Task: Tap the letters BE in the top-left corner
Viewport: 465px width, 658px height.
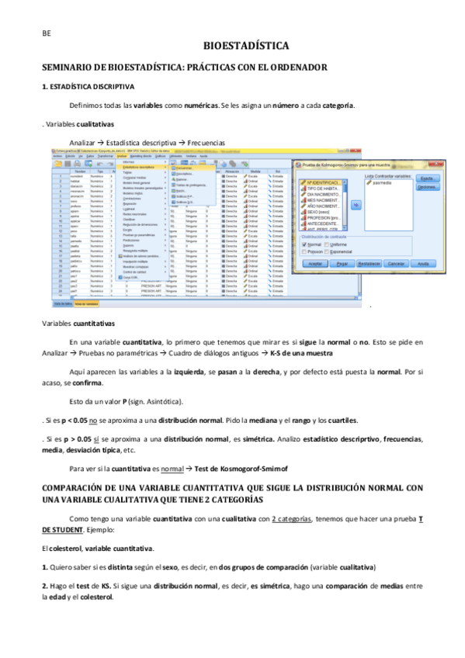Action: tap(47, 33)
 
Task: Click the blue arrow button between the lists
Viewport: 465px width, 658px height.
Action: tap(356, 205)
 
